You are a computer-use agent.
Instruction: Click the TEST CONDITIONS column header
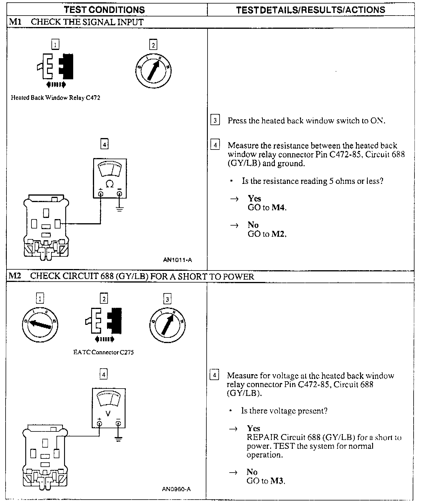coord(104,10)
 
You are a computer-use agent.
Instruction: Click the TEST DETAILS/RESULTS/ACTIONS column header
coord(310,10)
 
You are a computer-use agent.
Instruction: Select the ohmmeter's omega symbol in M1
coord(110,184)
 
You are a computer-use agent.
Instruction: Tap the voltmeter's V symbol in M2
coord(108,414)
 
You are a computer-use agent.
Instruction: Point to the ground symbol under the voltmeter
coord(118,439)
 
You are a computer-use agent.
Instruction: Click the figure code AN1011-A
coord(178,260)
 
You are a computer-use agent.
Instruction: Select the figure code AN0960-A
coord(176,489)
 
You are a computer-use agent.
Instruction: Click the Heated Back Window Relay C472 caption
coord(56,98)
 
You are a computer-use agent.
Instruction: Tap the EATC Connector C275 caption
coord(103,352)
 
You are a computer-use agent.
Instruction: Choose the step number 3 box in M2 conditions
coord(167,299)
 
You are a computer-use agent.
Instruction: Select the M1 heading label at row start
coord(14,22)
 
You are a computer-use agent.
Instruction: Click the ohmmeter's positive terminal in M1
coord(101,194)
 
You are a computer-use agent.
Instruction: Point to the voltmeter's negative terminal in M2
coord(118,423)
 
